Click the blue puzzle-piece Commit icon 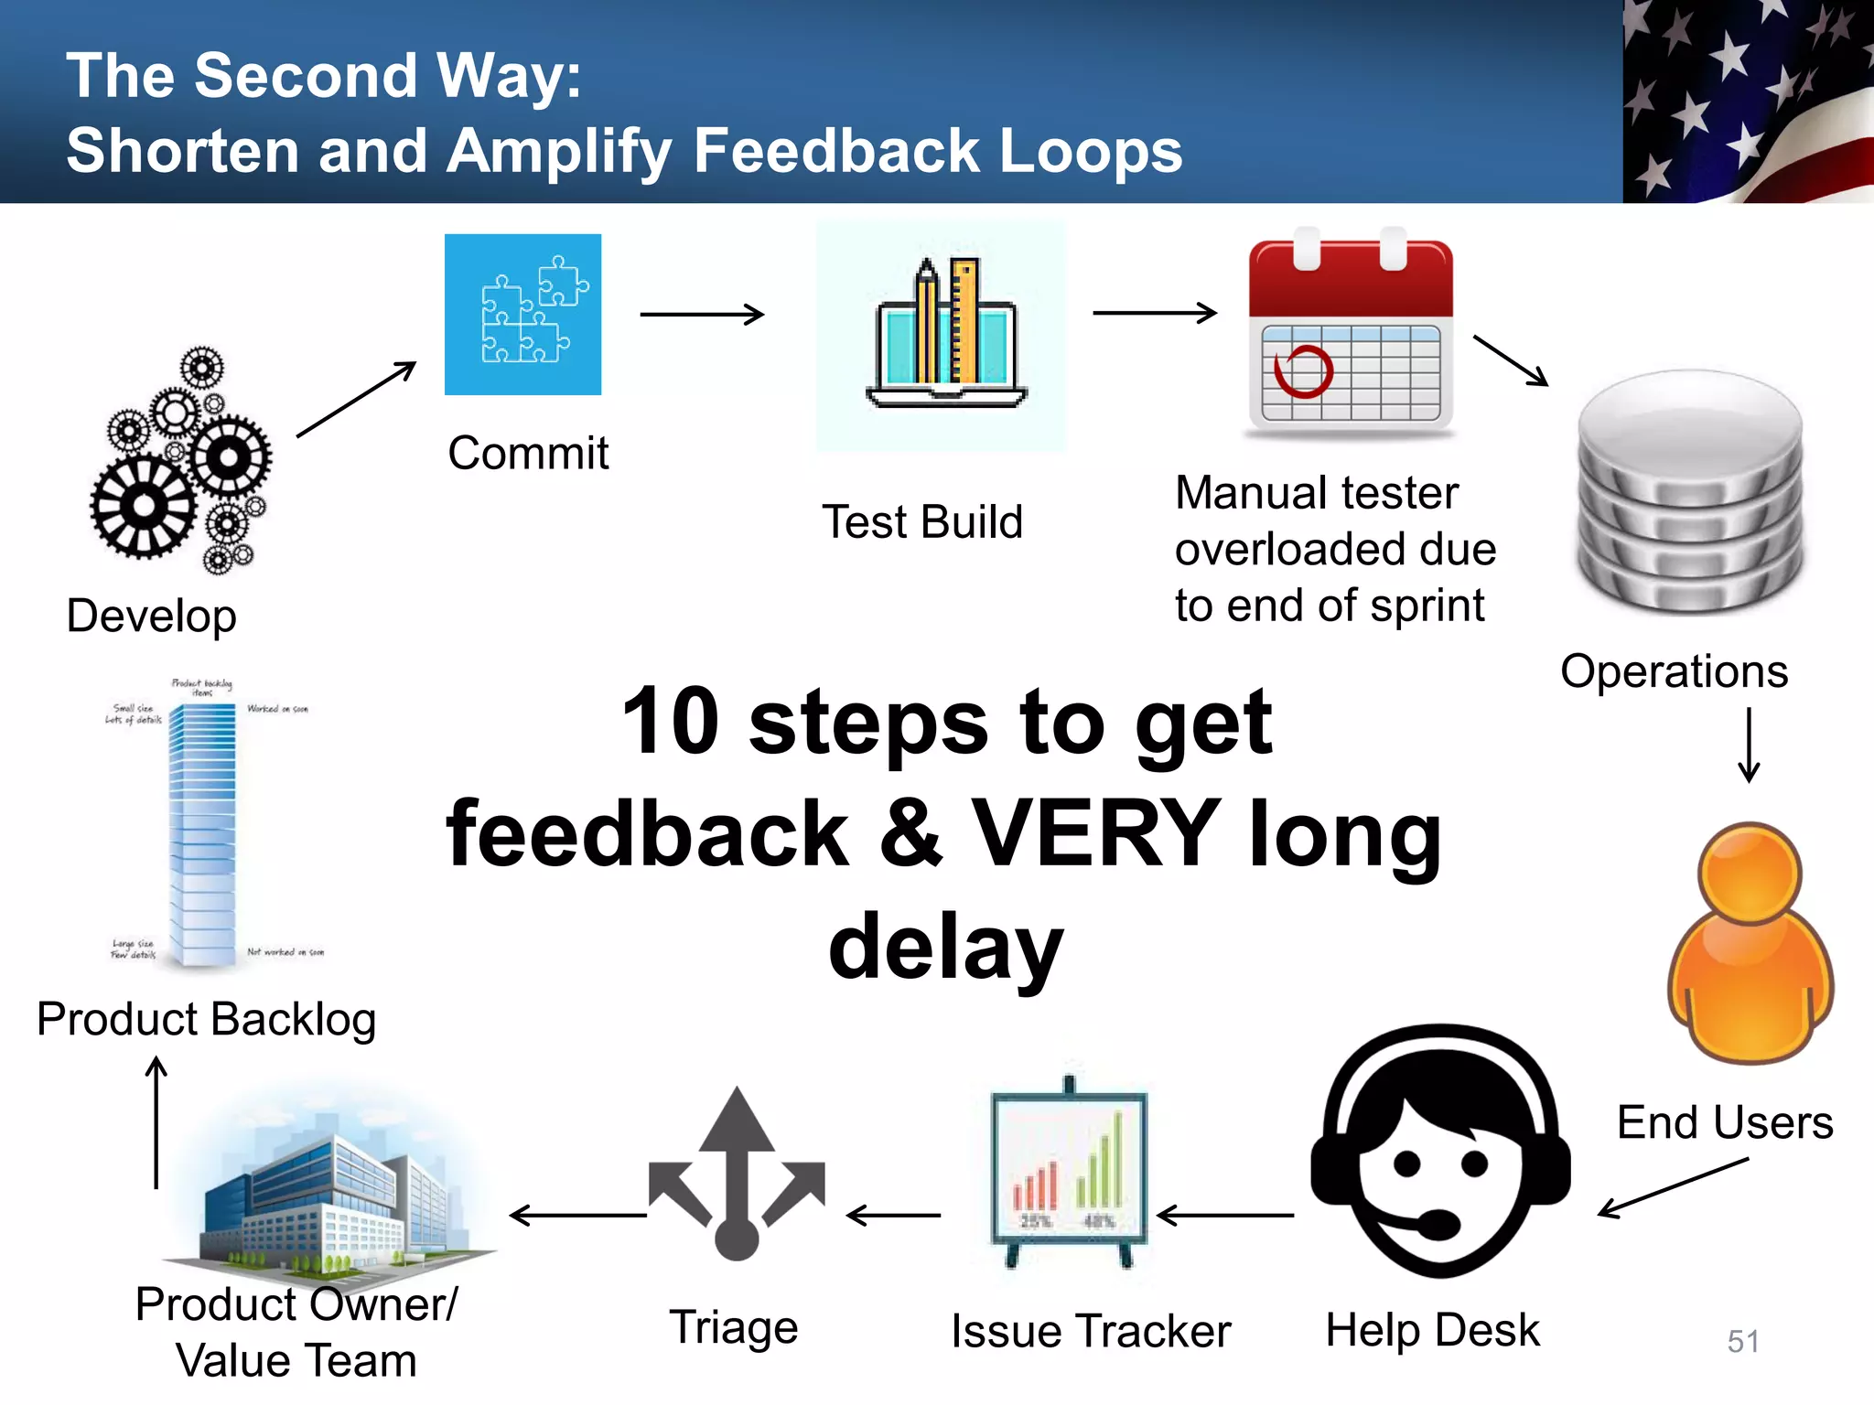pos(522,315)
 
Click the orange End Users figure pos(1750,942)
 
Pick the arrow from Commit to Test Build pos(702,315)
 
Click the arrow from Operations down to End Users pos(1749,745)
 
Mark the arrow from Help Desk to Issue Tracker pos(1226,1216)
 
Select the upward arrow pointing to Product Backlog pos(156,1121)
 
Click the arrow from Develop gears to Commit pos(356,399)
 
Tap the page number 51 pos(1743,1341)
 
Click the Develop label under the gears pos(152,616)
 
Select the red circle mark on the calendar pos(1303,371)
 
